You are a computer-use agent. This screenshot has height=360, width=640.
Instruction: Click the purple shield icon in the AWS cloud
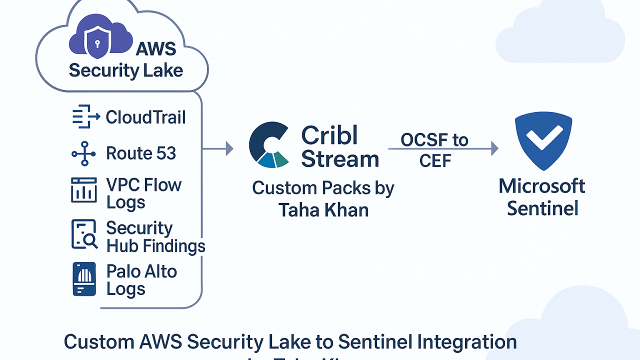coord(97,43)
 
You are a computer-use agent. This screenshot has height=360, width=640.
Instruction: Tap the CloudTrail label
coord(145,117)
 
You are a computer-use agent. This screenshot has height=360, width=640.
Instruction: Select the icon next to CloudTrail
coord(83,117)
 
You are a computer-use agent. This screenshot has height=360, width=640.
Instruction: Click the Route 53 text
coord(141,153)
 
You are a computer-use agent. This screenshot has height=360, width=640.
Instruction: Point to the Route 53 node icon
coord(83,153)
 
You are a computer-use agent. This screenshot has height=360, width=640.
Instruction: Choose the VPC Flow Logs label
coord(143,193)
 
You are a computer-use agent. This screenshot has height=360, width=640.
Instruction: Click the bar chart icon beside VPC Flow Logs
coord(83,190)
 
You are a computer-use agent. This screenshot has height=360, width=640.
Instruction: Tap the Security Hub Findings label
coord(155,236)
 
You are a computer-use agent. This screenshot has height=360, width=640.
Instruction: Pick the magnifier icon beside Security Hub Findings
coord(84,234)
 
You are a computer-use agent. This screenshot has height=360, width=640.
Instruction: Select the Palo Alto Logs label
coord(141,280)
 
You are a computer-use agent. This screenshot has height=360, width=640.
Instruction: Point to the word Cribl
coord(329,135)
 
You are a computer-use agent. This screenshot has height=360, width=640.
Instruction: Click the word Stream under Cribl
coord(340,159)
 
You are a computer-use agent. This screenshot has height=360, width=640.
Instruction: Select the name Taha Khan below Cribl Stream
coord(323,209)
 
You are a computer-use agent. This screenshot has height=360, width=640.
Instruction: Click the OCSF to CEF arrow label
coord(434,150)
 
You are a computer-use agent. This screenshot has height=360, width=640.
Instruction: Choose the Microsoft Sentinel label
coord(542,196)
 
